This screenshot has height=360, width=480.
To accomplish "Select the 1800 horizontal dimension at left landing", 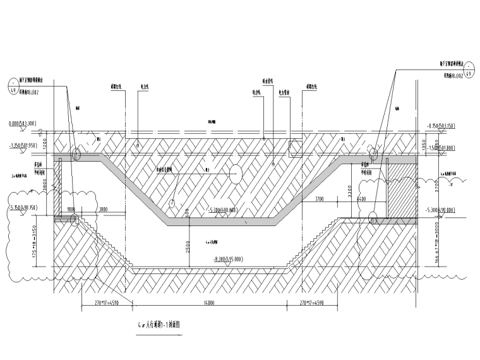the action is click(71, 208).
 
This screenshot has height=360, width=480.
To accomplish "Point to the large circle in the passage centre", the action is click(234, 172).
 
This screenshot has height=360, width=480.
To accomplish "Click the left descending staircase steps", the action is click(106, 245).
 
